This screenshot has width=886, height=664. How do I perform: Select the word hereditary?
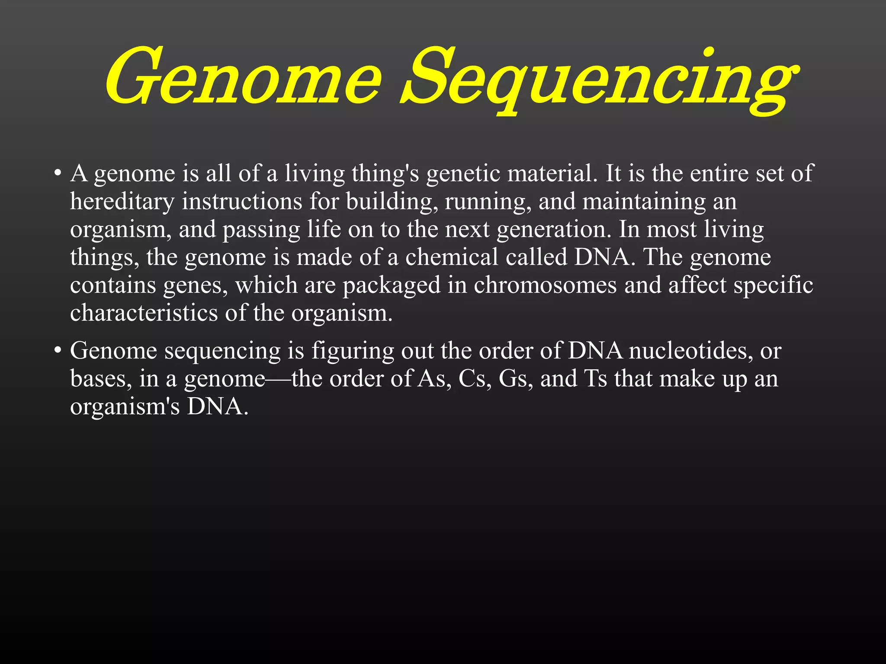coord(122,201)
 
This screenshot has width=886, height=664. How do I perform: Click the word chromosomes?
coord(545,285)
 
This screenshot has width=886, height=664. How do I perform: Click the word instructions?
coord(242,201)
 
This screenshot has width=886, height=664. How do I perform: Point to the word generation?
coord(554,230)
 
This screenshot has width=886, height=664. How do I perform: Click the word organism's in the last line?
coord(125,407)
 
